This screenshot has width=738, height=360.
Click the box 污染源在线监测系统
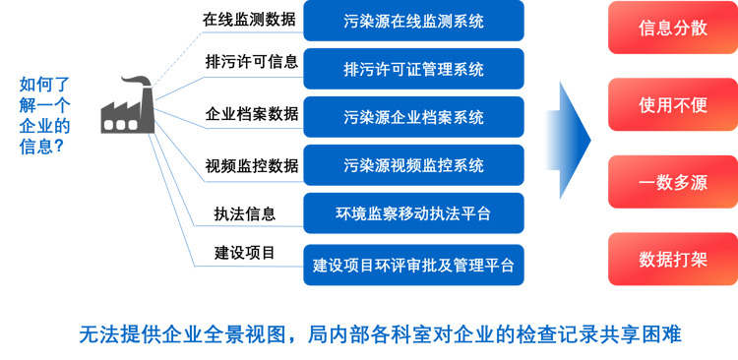tap(413, 21)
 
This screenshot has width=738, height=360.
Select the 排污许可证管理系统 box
tap(413, 69)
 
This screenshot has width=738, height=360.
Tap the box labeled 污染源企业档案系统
tap(413, 117)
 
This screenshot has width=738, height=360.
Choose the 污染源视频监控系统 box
tap(413, 165)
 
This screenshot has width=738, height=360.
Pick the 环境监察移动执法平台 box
tap(413, 213)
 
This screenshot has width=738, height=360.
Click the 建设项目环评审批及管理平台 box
tap(413, 265)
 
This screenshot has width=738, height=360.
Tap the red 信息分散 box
tap(672, 28)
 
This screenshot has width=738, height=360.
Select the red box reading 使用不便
tap(672, 104)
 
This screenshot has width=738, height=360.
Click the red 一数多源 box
tap(672, 182)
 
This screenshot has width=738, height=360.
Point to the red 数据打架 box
tap(672, 259)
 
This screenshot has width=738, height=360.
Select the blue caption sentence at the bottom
tap(379, 333)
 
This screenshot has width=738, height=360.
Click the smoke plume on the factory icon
tap(137, 81)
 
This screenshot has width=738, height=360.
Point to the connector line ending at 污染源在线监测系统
tap(246, 31)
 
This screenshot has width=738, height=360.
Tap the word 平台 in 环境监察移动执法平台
tap(475, 213)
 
